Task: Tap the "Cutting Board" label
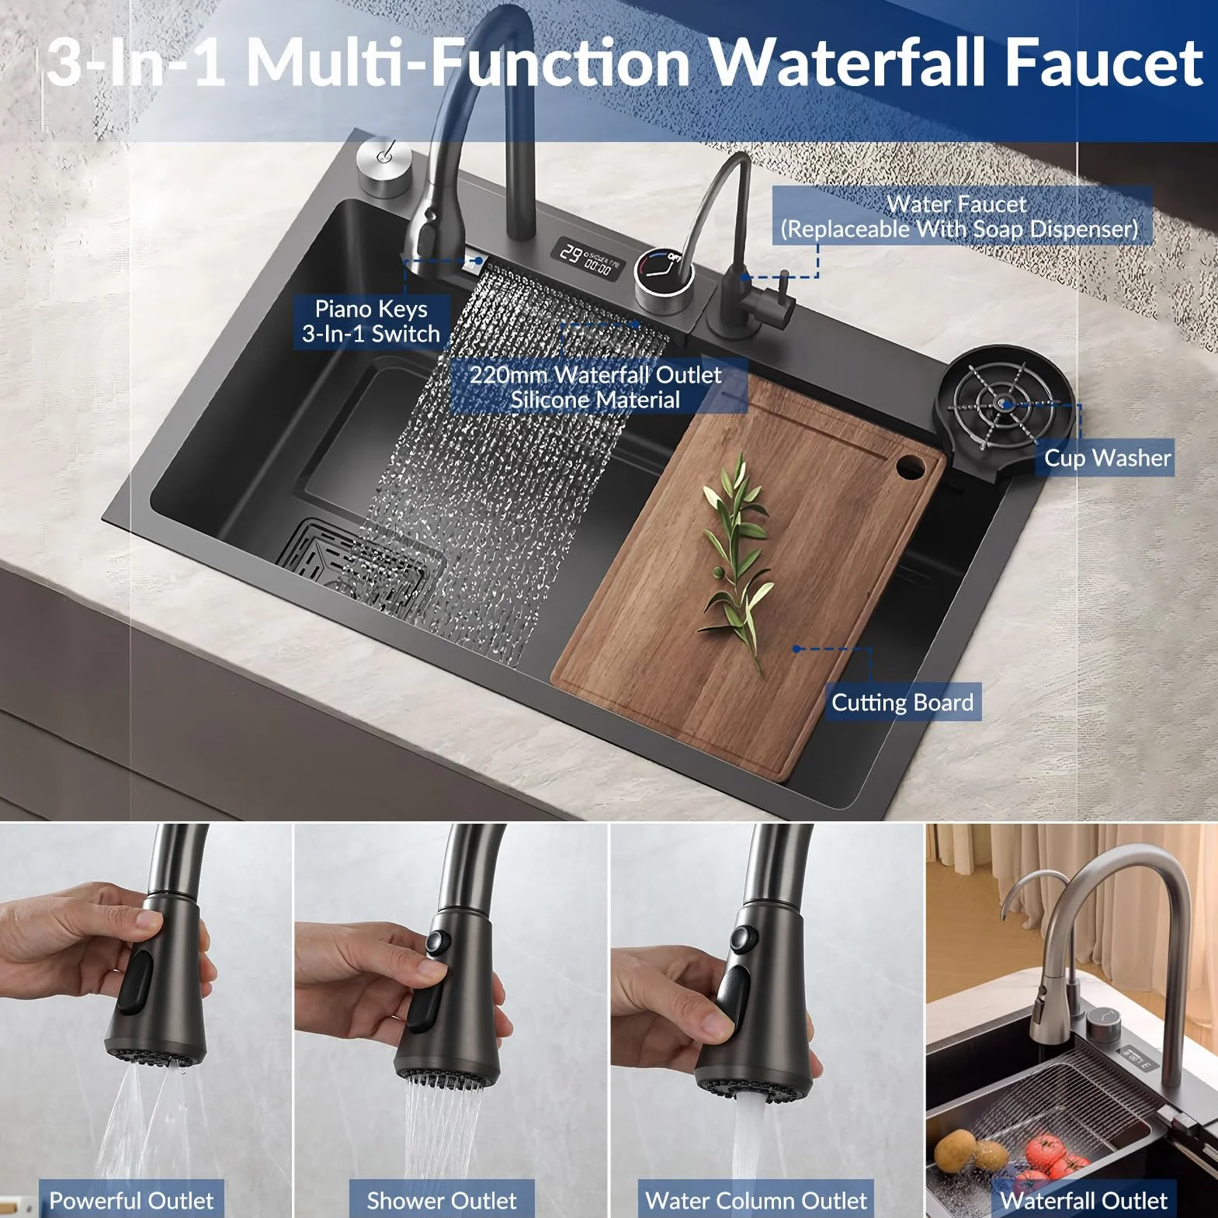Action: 902,703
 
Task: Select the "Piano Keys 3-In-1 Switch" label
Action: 371,321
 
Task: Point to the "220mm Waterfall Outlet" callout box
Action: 596,387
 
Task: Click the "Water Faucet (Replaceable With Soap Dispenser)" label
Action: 960,216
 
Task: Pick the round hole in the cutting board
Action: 909,467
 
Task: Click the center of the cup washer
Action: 1005,404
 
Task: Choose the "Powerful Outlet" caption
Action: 131,1200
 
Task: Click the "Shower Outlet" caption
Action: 441,1200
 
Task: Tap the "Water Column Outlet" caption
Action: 755,1200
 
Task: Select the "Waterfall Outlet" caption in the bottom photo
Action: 1084,1200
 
